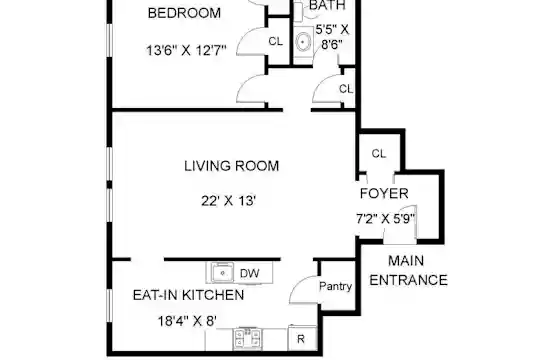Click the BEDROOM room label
coord(184,13)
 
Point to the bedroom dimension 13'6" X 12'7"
coord(186,51)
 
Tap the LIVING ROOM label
coord(231,166)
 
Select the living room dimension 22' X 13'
coord(228,200)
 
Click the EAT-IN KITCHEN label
coord(188,295)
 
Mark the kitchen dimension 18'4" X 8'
coord(187,321)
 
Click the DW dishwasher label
coord(249,274)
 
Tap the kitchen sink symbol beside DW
coord(222,273)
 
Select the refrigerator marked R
coord(302,338)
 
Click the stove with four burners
coord(247,338)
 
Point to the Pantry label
coord(335,286)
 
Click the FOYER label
coord(384,193)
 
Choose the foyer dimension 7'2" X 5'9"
coord(385,218)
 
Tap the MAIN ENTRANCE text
coord(408,270)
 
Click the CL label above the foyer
coord(378,153)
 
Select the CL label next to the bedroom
coord(276,41)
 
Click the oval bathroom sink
coord(303,42)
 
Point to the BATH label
coord(327,5)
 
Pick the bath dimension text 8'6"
coord(332,45)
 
